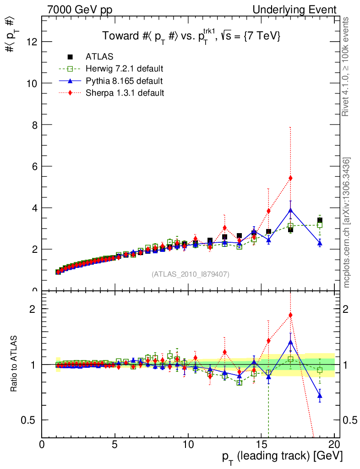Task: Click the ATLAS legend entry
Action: tap(99, 57)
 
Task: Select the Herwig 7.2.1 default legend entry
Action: tap(124, 69)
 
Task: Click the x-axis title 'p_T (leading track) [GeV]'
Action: tap(282, 457)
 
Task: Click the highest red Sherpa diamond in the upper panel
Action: tap(290, 178)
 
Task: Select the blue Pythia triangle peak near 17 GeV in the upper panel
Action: tap(290, 211)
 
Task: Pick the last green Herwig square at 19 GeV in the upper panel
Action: tap(320, 225)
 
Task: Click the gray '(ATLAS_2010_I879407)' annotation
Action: tap(191, 274)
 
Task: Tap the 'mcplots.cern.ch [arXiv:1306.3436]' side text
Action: tap(347, 223)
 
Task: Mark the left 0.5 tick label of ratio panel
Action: tap(32, 420)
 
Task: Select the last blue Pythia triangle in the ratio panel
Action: tap(320, 395)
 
